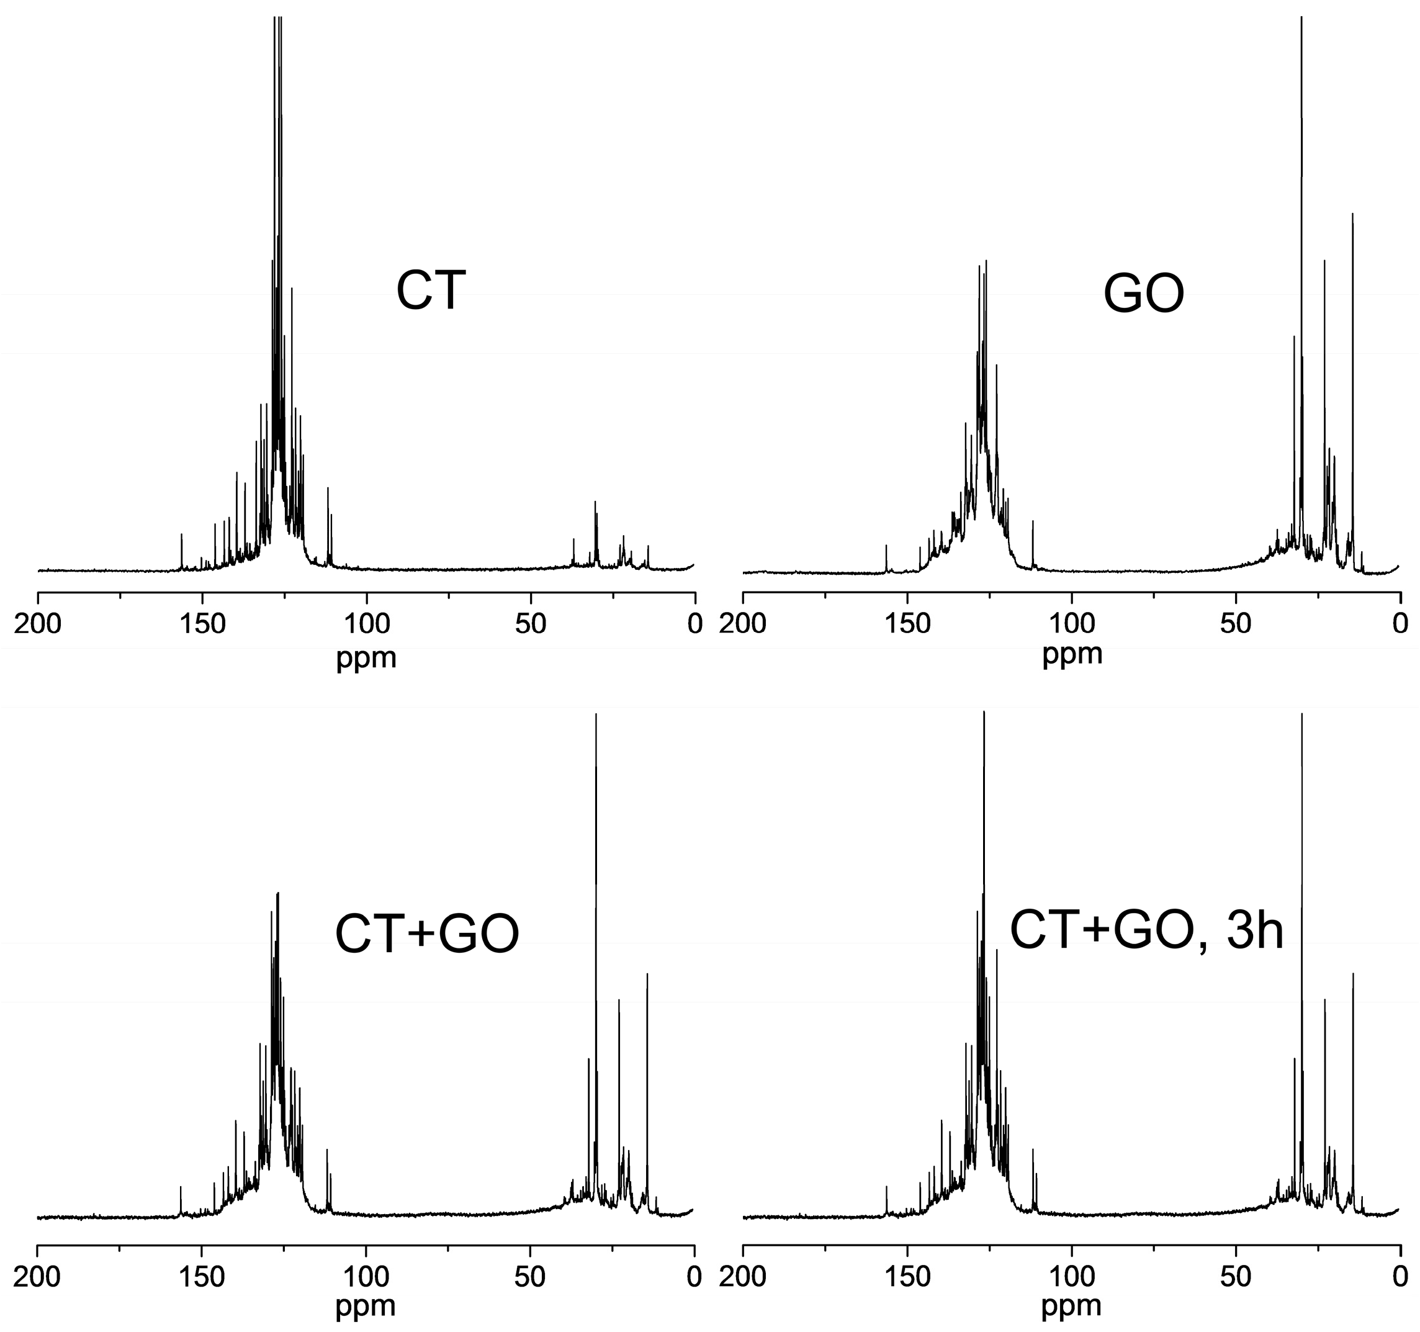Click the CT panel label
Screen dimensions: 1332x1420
click(x=431, y=290)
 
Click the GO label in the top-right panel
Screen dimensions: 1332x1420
click(x=1144, y=294)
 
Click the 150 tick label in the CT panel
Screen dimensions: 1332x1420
click(x=202, y=624)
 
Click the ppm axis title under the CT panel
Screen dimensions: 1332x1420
click(x=366, y=657)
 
